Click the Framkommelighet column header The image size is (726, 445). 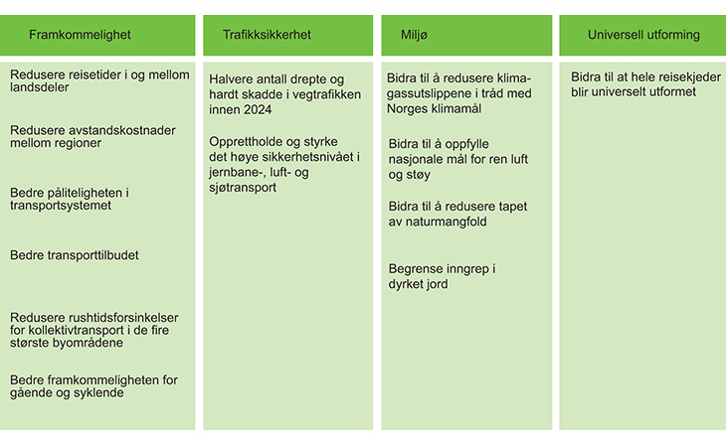[x=80, y=35]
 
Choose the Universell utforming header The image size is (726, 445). [x=643, y=35]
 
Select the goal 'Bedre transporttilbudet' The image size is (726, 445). [x=74, y=255]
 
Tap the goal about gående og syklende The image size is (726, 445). [x=93, y=385]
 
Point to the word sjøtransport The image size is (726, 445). [x=243, y=188]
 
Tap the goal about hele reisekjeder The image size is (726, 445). [x=645, y=84]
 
